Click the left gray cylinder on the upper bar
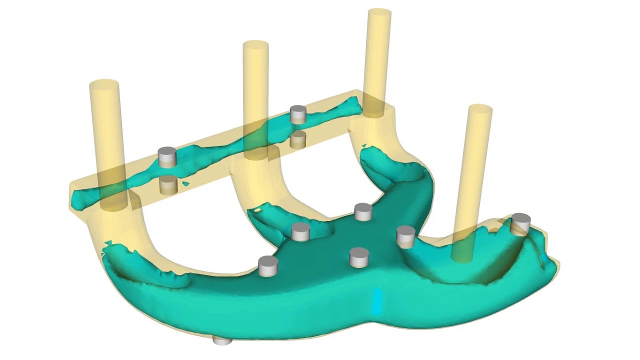click(167, 156)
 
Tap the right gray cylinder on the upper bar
click(298, 114)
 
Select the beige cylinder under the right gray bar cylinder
click(298, 139)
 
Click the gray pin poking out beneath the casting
click(222, 340)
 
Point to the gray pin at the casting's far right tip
click(520, 223)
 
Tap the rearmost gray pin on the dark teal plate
click(363, 211)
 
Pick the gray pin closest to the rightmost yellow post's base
click(405, 236)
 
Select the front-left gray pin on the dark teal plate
click(268, 265)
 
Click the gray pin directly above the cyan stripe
click(359, 257)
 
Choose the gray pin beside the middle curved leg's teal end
click(300, 231)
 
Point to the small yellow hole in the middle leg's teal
click(258, 210)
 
